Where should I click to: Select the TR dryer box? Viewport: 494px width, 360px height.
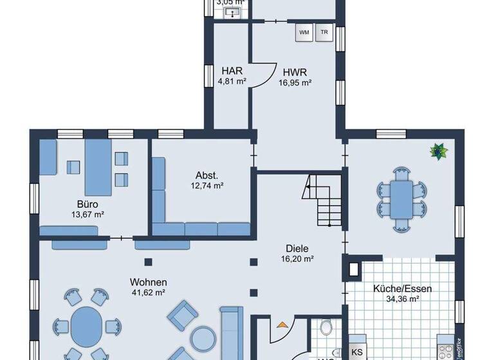(325, 32)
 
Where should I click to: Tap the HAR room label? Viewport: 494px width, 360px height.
(232, 71)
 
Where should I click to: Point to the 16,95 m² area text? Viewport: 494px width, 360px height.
(295, 82)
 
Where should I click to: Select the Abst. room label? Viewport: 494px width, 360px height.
(206, 175)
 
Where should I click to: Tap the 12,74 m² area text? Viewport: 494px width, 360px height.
(206, 186)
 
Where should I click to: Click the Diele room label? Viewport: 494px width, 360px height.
(297, 248)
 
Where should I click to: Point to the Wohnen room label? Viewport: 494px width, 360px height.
(149, 282)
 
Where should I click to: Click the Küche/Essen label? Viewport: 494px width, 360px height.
(403, 288)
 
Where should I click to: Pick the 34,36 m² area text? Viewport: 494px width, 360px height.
(403, 299)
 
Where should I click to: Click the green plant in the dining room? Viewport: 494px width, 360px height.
(439, 152)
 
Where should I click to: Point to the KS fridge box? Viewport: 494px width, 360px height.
(357, 352)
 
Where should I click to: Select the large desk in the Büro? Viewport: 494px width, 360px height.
(97, 164)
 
